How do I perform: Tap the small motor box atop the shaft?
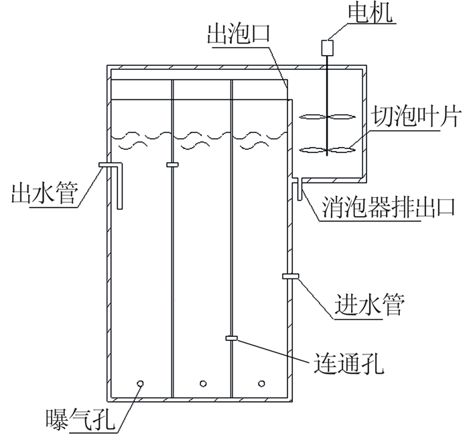pyautogui.click(x=328, y=47)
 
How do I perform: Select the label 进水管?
pyautogui.click(x=368, y=305)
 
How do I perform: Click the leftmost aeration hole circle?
pyautogui.click(x=141, y=383)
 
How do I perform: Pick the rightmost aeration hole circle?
pyautogui.click(x=262, y=384)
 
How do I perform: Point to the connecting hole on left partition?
pyautogui.click(x=172, y=163)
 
